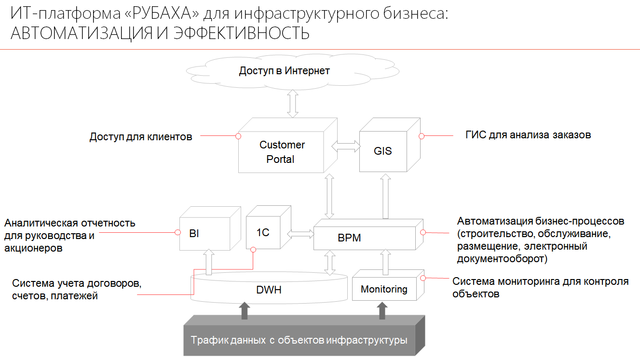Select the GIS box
[x=383, y=151]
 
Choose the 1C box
[x=263, y=233]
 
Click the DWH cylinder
[x=269, y=290]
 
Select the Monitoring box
[x=384, y=289]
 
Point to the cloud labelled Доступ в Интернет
[x=284, y=71]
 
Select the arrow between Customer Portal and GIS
[x=346, y=146]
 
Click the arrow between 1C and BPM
[x=300, y=234]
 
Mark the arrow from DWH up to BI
[x=208, y=262]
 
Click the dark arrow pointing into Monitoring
[x=382, y=310]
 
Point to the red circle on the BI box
[x=177, y=233]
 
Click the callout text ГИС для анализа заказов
[x=528, y=135]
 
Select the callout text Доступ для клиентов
[x=141, y=137]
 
